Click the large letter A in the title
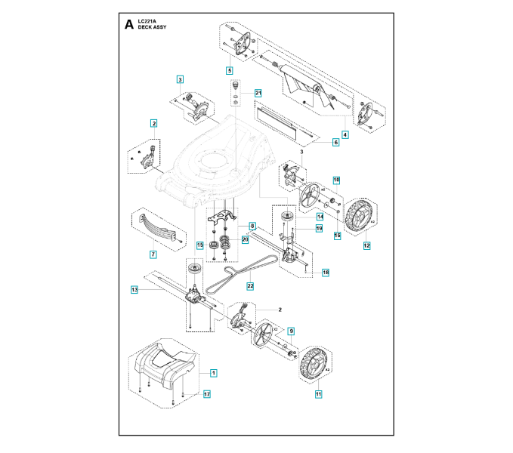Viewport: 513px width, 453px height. (x=129, y=24)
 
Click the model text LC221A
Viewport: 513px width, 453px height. (x=149, y=20)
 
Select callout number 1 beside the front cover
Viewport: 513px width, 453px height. (x=213, y=373)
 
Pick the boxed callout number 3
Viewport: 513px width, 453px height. (x=180, y=79)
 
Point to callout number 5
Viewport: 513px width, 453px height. (x=229, y=69)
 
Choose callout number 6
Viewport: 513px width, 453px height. (x=335, y=142)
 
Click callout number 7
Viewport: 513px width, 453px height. (x=153, y=254)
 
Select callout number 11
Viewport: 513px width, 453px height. (x=318, y=393)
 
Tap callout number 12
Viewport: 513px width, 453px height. (x=366, y=245)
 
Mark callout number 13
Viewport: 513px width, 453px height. (x=134, y=289)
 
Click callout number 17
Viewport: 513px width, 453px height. (x=206, y=393)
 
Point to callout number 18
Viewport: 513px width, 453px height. (x=326, y=272)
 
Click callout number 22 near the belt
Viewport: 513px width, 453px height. (x=250, y=286)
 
